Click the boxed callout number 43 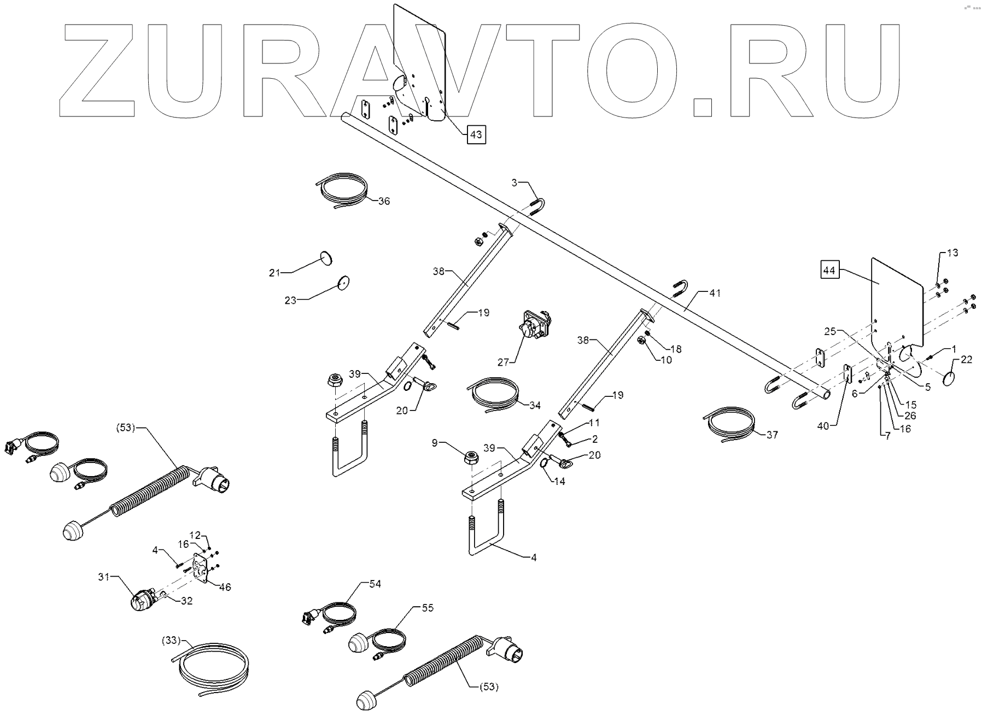point(476,134)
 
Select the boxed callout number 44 point(830,270)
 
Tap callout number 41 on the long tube point(715,293)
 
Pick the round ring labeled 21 point(326,257)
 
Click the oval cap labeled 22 point(950,377)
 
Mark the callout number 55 point(427,608)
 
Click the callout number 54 point(375,584)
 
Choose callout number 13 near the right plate point(952,253)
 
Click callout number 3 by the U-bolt point(514,183)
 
